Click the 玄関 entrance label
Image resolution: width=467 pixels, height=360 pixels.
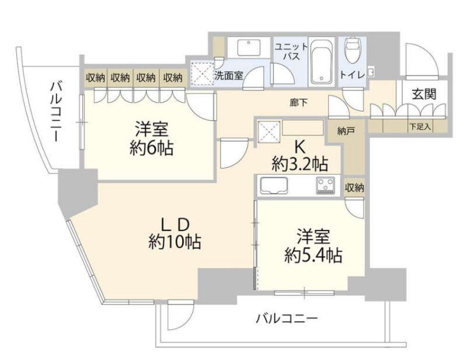point(424,95)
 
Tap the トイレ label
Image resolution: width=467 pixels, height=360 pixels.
point(353,75)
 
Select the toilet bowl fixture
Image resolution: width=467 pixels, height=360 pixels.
point(353,50)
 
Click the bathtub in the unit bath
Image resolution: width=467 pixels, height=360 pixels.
point(322,61)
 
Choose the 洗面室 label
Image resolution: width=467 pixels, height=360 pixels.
point(229,75)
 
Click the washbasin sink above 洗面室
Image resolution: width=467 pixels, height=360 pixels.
point(249,47)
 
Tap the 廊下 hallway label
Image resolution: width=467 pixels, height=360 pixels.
point(299,103)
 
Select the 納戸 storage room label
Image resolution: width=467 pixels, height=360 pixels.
point(346,131)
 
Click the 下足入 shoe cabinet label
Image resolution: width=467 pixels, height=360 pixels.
point(420,127)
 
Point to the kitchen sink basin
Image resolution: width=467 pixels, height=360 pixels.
point(274,186)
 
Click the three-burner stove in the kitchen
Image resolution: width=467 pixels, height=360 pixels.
point(326,186)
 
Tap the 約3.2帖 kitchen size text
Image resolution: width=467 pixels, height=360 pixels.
point(299,164)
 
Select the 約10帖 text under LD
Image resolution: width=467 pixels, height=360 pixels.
point(175,242)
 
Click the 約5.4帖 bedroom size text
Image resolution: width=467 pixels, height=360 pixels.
point(313,255)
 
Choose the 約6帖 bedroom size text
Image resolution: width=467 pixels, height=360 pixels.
point(152,148)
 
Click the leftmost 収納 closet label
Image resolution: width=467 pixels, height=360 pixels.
point(95,78)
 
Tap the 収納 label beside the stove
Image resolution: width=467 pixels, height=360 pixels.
point(354,188)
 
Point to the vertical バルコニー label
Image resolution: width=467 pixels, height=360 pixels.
point(55,111)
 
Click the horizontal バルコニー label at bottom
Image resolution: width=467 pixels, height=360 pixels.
point(287,319)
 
